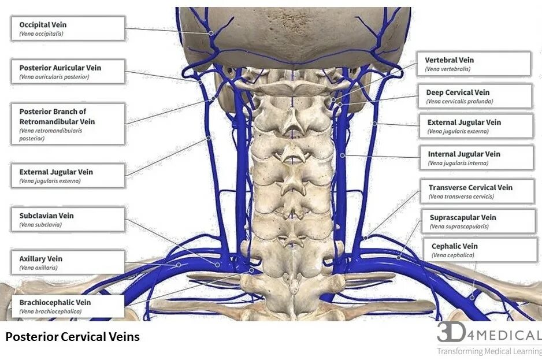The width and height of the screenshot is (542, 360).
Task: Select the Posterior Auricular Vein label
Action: [x=68, y=72]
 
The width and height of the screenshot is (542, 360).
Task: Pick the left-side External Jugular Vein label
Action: [x=68, y=176]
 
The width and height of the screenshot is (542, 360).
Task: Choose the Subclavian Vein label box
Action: [x=68, y=220]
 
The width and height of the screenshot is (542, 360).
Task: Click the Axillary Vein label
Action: [x=68, y=262]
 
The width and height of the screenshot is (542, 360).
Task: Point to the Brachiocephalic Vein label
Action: [x=68, y=306]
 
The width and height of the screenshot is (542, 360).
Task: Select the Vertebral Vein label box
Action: [x=473, y=64]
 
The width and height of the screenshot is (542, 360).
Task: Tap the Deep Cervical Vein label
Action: [x=474, y=96]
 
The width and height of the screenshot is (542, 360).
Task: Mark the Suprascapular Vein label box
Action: [x=478, y=221]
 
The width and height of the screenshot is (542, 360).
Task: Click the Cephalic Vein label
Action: [x=479, y=250]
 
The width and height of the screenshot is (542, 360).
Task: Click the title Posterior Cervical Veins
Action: [x=73, y=336]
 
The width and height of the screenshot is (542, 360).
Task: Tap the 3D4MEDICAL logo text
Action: [x=489, y=333]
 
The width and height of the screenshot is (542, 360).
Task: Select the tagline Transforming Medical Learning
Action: [x=489, y=351]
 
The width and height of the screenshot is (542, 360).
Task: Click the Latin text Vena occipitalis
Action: [x=41, y=34]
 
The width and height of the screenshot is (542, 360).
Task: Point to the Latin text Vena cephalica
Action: [x=453, y=255]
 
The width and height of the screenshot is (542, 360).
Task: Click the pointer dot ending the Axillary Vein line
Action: [x=179, y=265]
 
